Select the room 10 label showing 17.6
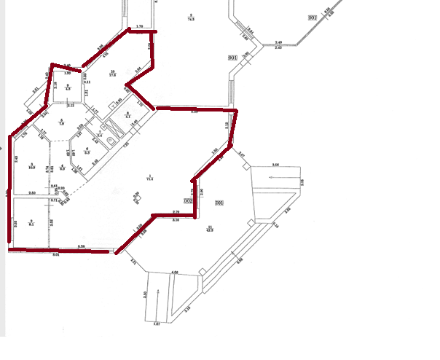[112, 74]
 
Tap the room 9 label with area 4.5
[68, 87]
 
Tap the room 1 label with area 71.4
[149, 177]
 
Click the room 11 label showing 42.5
[209, 230]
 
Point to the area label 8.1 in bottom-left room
[31, 223]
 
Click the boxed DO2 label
[187, 200]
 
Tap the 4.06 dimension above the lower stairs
[175, 272]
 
